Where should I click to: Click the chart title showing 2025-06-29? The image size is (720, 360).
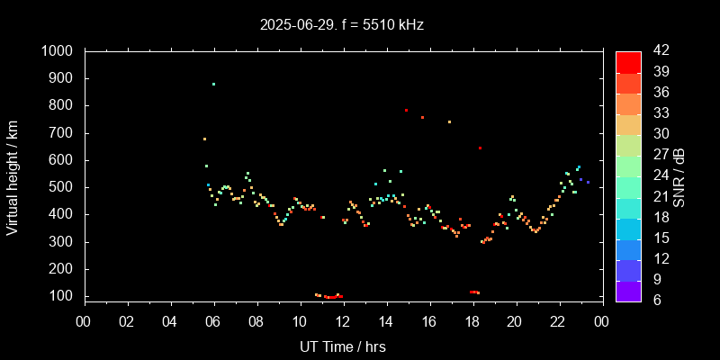(x=342, y=24)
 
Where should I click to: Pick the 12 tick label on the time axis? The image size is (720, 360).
(x=343, y=321)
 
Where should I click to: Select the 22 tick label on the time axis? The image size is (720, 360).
(x=558, y=321)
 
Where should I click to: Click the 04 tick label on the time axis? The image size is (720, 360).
(x=170, y=321)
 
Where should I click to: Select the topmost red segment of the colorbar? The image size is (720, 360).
(x=628, y=61)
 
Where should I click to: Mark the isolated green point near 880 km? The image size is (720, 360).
(x=213, y=84)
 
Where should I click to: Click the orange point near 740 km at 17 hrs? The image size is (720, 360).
(x=449, y=121)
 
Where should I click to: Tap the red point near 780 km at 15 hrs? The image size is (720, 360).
(x=406, y=110)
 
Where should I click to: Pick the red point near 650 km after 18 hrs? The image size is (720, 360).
(x=480, y=148)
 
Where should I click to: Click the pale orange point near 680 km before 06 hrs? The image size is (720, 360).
(x=204, y=139)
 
